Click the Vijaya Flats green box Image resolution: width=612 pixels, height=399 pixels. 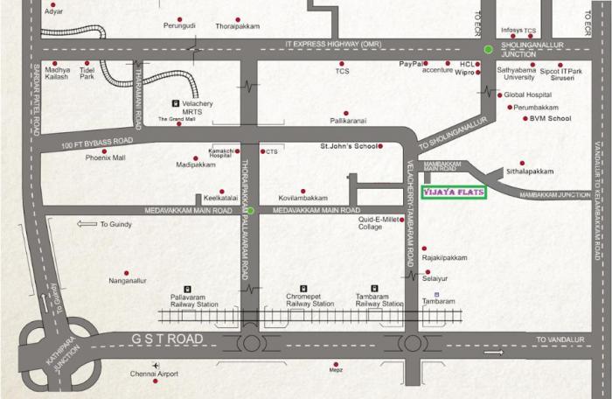click(453, 192)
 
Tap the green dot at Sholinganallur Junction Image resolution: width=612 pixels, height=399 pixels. click(489, 49)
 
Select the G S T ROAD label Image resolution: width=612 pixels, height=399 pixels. click(167, 338)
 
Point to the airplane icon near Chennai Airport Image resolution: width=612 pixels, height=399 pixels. click(156, 364)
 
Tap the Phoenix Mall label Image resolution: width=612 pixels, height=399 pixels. click(106, 157)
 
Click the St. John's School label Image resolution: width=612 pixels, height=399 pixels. click(349, 146)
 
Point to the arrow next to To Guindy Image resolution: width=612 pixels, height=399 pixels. click(87, 225)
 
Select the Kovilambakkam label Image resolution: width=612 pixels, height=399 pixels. click(303, 198)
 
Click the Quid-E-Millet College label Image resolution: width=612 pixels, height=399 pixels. click(382, 223)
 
